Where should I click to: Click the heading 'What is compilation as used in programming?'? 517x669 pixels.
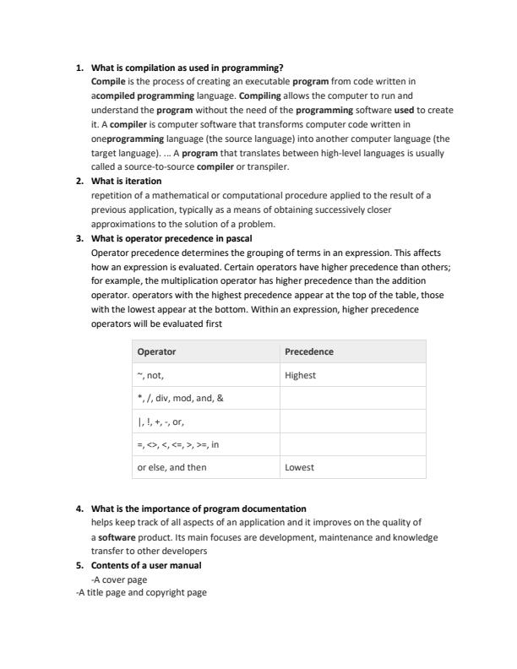click(x=187, y=68)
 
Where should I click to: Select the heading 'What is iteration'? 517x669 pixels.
click(x=126, y=181)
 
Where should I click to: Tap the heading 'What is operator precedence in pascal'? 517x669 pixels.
click(x=171, y=238)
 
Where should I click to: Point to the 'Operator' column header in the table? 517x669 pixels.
click(x=156, y=351)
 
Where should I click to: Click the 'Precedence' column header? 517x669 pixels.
click(x=309, y=351)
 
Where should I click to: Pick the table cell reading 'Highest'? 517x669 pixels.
click(x=300, y=375)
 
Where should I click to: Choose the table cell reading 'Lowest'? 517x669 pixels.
click(x=299, y=466)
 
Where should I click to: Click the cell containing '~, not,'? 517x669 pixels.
click(x=150, y=375)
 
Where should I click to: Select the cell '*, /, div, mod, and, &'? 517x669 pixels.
click(x=180, y=398)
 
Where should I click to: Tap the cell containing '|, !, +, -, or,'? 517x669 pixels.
click(x=161, y=421)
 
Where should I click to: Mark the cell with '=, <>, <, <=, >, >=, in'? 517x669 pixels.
click(x=177, y=443)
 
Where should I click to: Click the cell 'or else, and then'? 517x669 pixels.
click(x=171, y=466)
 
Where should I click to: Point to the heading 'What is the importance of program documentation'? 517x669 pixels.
click(x=199, y=509)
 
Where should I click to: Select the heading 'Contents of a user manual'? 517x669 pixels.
click(x=145, y=565)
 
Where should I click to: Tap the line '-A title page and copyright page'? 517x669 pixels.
click(x=141, y=592)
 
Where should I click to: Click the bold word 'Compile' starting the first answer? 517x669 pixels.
click(x=108, y=82)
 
